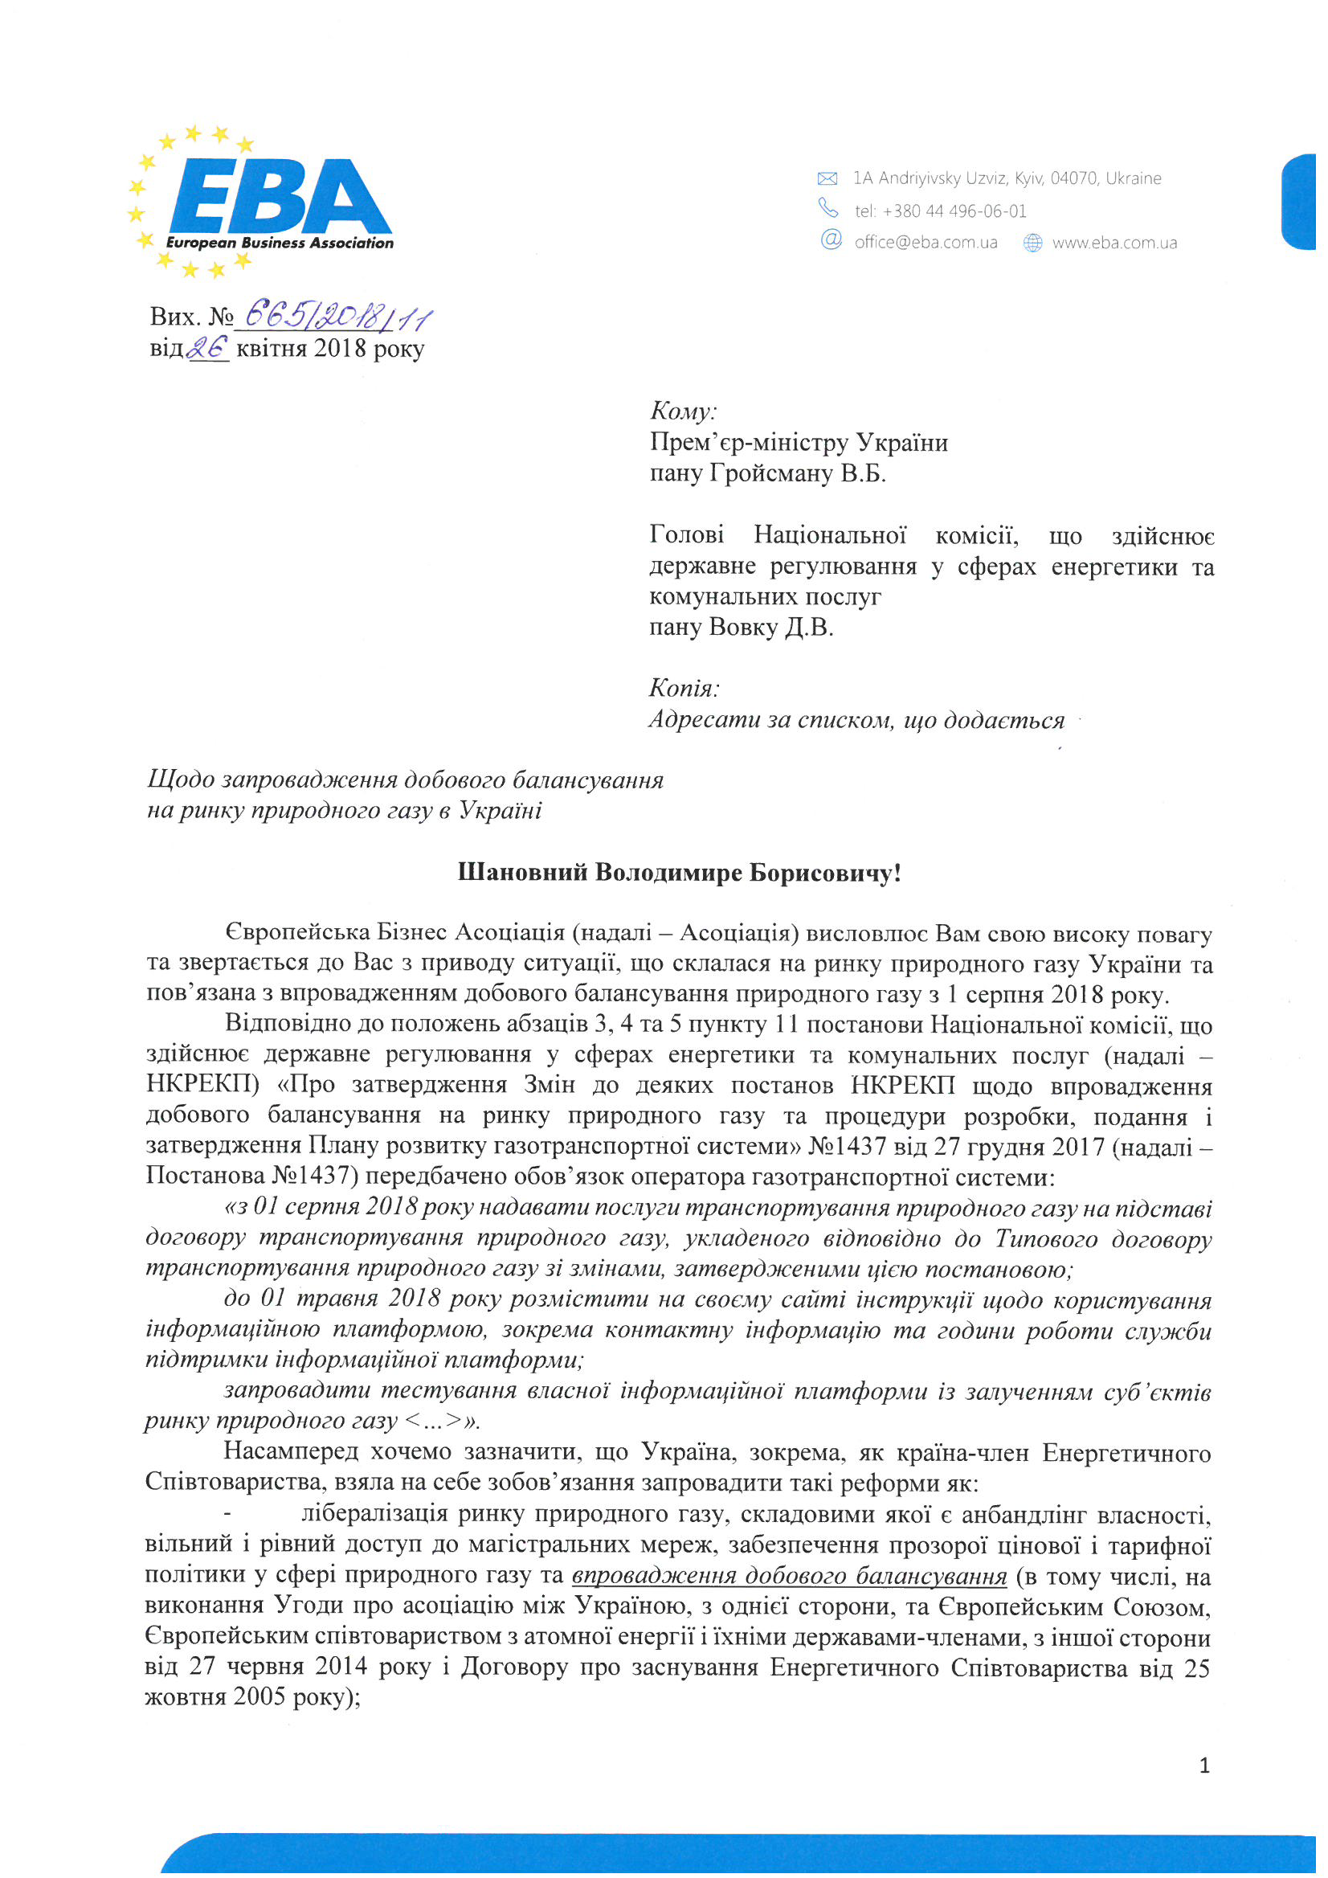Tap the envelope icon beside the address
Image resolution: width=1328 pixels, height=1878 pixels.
[827, 178]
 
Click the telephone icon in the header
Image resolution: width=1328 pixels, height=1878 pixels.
[828, 208]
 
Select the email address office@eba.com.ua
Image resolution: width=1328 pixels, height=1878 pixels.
[926, 243]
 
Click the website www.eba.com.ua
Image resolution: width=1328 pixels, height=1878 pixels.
[1113, 243]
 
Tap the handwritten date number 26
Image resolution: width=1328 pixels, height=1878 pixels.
[208, 349]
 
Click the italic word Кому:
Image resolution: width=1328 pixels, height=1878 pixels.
[683, 411]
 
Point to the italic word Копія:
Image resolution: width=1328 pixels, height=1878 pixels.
[684, 688]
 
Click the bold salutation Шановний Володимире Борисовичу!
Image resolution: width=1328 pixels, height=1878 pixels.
[679, 873]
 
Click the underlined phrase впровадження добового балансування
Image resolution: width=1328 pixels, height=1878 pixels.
[789, 1575]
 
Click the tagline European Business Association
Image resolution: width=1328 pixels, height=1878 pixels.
[279, 243]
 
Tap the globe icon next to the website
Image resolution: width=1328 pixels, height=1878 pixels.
[1033, 243]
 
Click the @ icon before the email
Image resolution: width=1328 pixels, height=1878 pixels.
[831, 239]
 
